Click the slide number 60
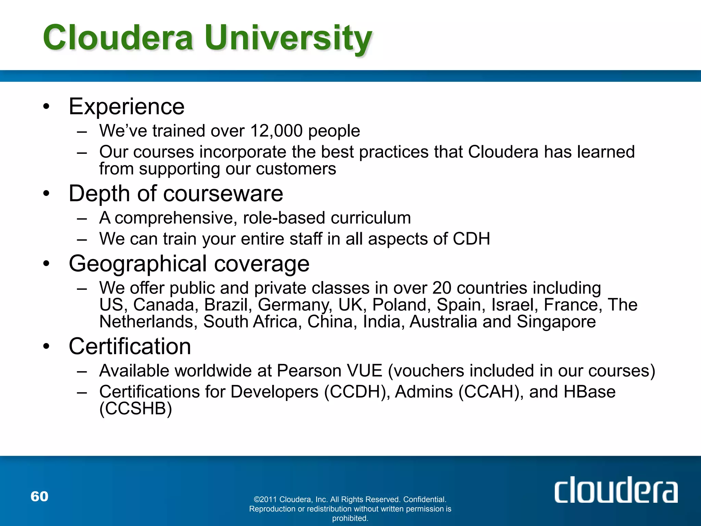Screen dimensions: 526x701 tap(39, 496)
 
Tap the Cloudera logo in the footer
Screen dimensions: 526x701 tap(616, 490)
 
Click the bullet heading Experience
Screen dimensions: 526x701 tap(127, 106)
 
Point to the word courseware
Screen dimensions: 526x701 tap(223, 193)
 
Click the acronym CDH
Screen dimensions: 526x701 tap(471, 239)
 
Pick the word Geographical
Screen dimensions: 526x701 tap(138, 264)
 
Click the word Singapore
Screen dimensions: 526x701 tap(556, 322)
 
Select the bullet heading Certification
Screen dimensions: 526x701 tap(130, 346)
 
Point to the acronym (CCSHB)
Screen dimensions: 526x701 tap(136, 408)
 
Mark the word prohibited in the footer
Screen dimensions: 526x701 tap(350, 518)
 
